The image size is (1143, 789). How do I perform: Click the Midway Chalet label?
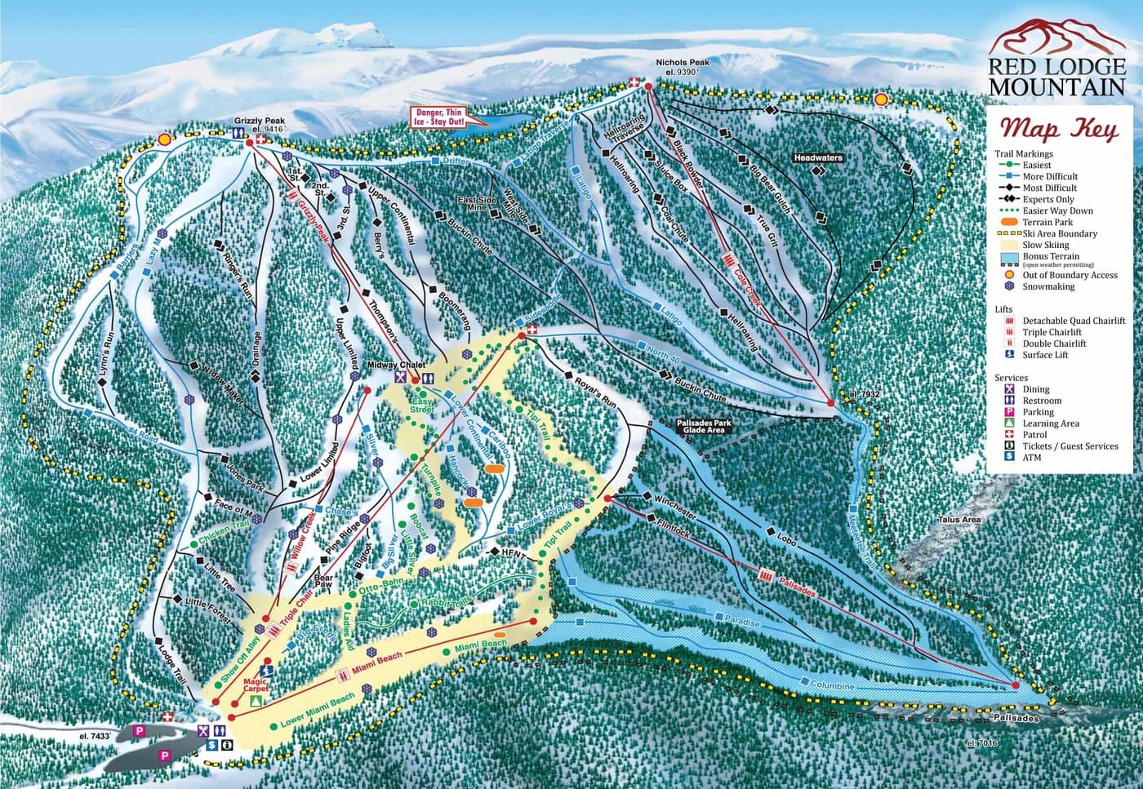point(393,364)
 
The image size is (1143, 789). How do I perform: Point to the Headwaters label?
point(816,157)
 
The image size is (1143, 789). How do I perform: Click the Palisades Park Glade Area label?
point(704,426)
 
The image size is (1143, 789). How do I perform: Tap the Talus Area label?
point(959,520)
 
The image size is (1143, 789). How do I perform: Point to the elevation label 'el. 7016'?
point(981,743)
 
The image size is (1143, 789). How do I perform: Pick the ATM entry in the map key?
point(1033,458)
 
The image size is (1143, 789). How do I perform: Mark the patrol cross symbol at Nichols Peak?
point(633,82)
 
